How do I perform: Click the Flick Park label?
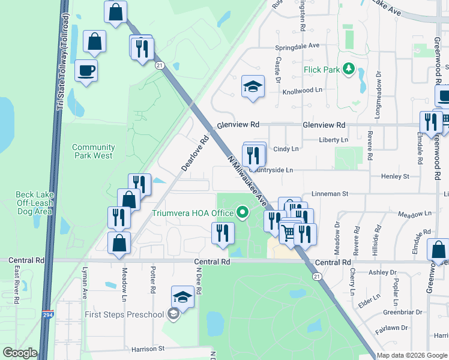[x=322, y=70]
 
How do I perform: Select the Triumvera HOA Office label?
[x=201, y=213]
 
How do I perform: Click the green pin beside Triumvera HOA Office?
[x=243, y=212]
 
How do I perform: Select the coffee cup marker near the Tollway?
[x=86, y=71]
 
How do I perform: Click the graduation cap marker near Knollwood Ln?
[x=253, y=86]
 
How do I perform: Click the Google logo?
[x=20, y=353]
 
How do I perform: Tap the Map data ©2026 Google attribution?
[x=412, y=356]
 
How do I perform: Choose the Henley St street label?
[x=397, y=176]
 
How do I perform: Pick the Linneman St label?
[x=330, y=194]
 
